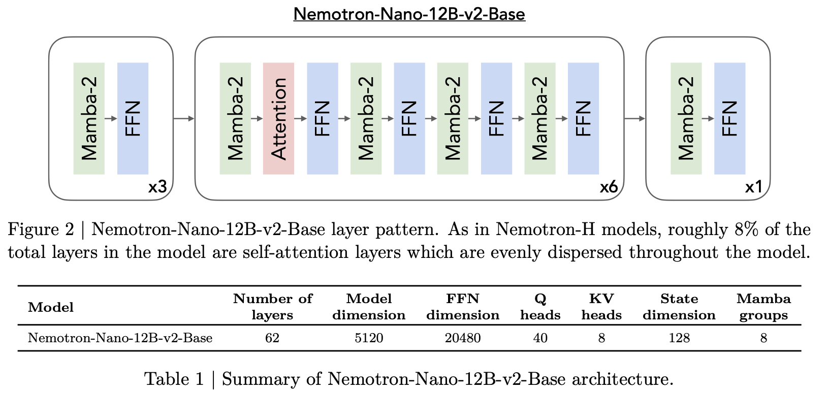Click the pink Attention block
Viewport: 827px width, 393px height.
tap(278, 118)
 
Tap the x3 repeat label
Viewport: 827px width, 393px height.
tap(157, 187)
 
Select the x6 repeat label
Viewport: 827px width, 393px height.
tap(609, 187)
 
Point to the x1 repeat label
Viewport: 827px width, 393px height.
tap(754, 187)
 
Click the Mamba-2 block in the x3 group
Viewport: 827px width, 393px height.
tap(89, 118)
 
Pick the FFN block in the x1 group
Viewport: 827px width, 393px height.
tap(729, 118)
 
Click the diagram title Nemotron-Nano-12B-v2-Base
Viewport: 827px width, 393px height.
tap(409, 14)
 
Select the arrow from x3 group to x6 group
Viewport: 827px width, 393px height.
tap(184, 118)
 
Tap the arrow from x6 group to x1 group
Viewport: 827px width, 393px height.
tap(634, 118)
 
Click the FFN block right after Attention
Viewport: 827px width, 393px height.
tap(322, 118)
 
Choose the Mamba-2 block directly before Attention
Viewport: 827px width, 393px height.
tap(235, 118)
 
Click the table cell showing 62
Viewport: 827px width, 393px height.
tap(272, 338)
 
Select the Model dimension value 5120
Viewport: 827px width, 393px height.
tap(369, 338)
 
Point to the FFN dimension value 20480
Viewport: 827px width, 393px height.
tap(463, 338)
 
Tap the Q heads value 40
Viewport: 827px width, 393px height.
tap(540, 338)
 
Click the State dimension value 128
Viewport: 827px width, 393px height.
tap(679, 338)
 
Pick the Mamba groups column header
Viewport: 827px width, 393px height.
tap(764, 307)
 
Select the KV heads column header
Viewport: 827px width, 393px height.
tap(601, 307)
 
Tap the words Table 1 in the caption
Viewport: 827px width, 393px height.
tap(174, 379)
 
